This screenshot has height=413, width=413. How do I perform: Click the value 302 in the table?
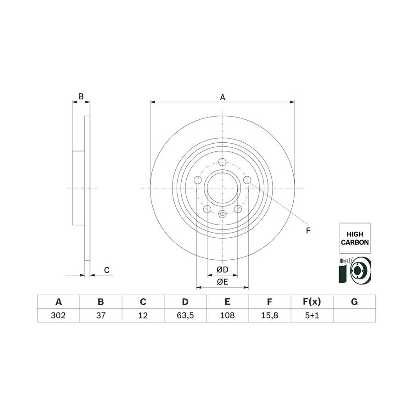coord(58,315)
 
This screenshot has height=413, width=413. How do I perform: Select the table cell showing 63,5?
coord(185,315)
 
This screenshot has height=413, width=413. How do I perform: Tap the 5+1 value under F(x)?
coord(312,315)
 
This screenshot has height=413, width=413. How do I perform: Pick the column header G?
coord(354,301)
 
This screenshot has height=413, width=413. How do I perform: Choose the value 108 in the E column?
coord(227,315)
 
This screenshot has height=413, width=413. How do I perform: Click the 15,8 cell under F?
coord(269,315)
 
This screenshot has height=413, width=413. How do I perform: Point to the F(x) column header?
coord(312,301)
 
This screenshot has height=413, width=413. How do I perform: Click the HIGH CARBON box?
coord(355,238)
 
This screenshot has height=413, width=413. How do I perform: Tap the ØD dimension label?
coord(222,269)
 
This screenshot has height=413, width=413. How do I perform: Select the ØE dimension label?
coord(222,282)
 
